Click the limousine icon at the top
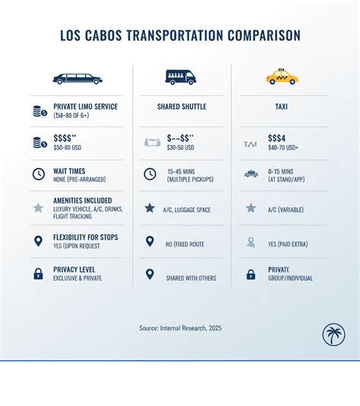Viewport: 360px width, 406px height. pyautogui.click(x=77, y=78)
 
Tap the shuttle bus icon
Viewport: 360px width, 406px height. pyautogui.click(x=180, y=77)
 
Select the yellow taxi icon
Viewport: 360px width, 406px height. pyautogui.click(x=282, y=77)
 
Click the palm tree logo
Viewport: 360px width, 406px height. pyautogui.click(x=333, y=335)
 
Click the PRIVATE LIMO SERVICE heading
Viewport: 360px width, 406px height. pyautogui.click(x=85, y=106)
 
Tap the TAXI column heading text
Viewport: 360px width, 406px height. pyautogui.click(x=281, y=107)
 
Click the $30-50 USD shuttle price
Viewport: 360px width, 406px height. pyautogui.click(x=180, y=147)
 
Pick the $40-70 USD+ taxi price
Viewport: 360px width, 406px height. pyautogui.click(x=283, y=147)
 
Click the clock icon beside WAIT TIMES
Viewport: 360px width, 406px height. pyautogui.click(x=38, y=174)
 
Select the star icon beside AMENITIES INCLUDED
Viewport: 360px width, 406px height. pyautogui.click(x=38, y=208)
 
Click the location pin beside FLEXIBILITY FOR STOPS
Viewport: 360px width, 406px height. pyautogui.click(x=38, y=241)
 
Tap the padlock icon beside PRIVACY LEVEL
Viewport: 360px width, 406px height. pyautogui.click(x=38, y=274)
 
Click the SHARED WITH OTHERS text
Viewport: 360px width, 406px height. pyautogui.click(x=192, y=278)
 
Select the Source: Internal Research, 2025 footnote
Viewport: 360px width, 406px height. pyautogui.click(x=180, y=328)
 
